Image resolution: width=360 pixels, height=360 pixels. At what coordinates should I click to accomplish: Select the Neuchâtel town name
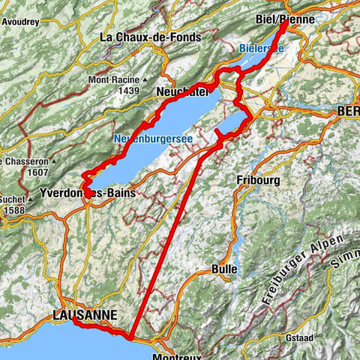click(183, 91)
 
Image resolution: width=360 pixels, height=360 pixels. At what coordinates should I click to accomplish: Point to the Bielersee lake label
click(262, 48)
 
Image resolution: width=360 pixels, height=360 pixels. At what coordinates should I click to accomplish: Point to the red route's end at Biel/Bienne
click(286, 25)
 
